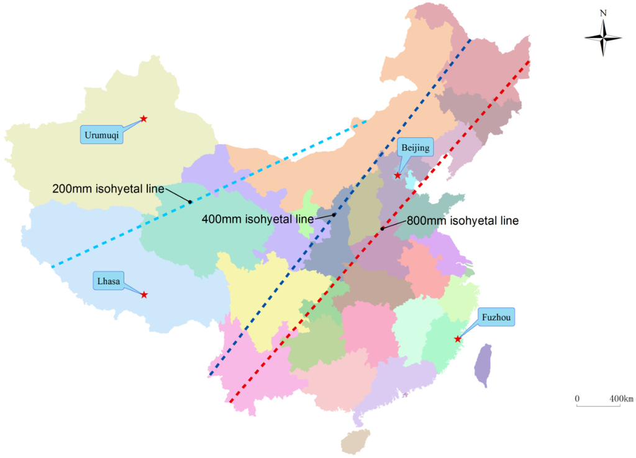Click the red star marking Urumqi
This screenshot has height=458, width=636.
coord(143,118)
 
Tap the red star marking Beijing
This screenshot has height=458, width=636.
coord(397,176)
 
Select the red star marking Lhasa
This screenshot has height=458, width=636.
coord(144,294)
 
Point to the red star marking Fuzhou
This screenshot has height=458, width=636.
coord(458,339)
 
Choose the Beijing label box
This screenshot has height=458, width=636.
coord(414,148)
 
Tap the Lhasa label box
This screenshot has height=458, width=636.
coord(107,281)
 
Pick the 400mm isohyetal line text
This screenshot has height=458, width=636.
coord(258,219)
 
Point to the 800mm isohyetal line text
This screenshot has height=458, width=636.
coord(463,220)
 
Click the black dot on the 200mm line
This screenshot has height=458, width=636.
coord(189,202)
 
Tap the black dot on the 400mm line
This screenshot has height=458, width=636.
coord(334,215)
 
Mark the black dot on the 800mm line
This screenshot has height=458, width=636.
coord(382,228)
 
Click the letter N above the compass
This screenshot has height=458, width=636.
coord(603,12)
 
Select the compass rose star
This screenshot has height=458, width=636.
coord(603,38)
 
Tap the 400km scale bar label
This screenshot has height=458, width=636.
coord(620,398)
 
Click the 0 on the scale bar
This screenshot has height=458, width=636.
coord(577,398)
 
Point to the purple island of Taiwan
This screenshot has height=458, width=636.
coord(483,366)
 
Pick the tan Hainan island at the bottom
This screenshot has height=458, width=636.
coord(355,442)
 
